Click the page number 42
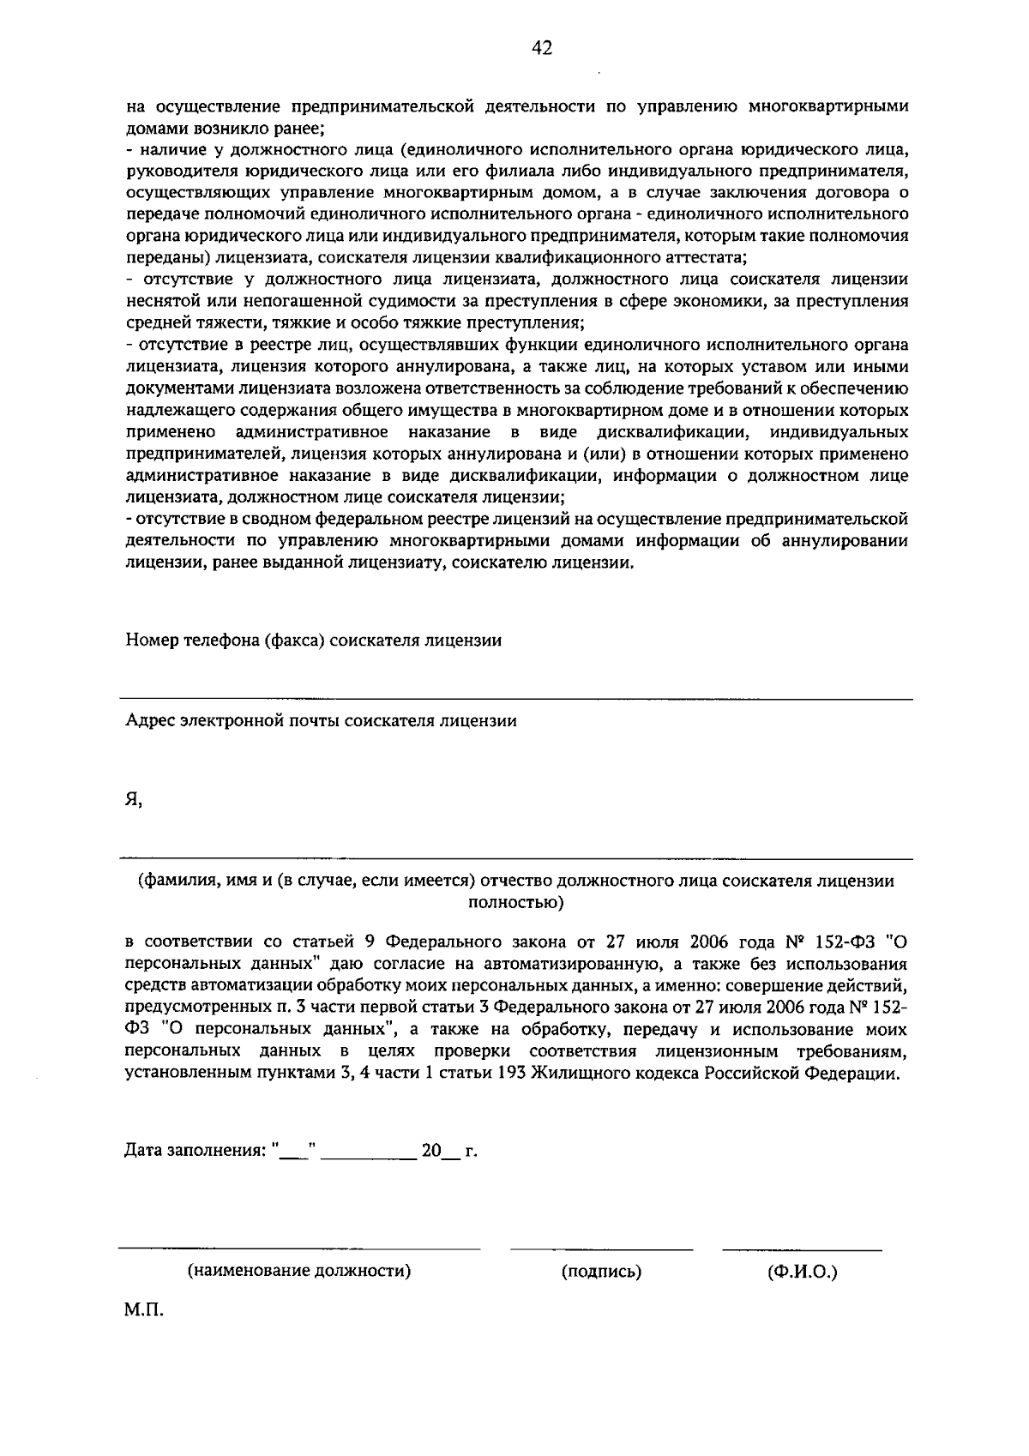[541, 48]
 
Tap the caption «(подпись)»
[602, 1272]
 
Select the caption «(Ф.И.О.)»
[803, 1272]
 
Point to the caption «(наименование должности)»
[299, 1271]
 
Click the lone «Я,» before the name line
[133, 800]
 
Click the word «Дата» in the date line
[145, 1151]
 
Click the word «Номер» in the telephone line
[150, 641]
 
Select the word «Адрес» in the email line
[150, 720]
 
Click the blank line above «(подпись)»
[602, 1249]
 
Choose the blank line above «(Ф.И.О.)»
[803, 1249]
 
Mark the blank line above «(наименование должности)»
[299, 1248]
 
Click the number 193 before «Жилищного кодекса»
[513, 1073]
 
